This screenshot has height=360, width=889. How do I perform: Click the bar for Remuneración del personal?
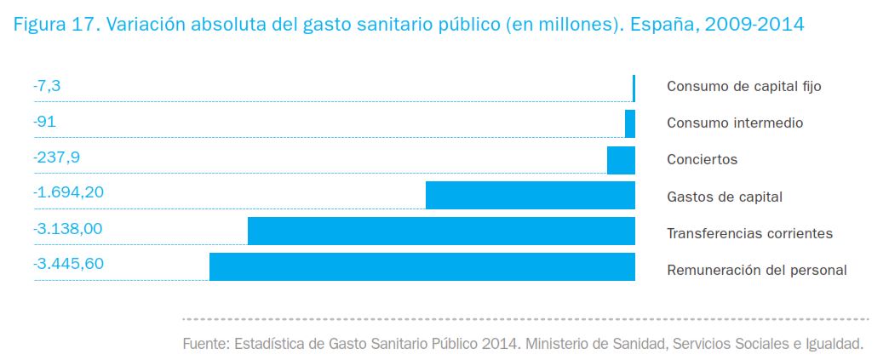422,266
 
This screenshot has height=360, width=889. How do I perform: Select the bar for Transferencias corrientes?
441,231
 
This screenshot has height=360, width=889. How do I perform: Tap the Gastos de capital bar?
530,196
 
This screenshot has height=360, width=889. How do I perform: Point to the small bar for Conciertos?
621,160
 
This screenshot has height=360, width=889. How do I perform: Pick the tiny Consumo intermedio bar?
630,124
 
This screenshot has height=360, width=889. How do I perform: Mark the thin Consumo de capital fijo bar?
634,89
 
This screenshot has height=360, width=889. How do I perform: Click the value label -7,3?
47,86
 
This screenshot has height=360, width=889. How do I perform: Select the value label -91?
44,122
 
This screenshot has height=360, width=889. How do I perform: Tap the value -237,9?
56,157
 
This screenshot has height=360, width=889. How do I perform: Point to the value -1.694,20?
68,193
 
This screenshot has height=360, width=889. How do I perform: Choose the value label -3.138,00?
68,229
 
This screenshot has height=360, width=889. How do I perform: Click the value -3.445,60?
68,264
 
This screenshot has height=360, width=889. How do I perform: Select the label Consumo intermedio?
735,123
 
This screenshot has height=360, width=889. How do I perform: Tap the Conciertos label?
702,160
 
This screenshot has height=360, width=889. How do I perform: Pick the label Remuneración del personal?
756,271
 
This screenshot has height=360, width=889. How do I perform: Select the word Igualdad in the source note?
835,345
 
